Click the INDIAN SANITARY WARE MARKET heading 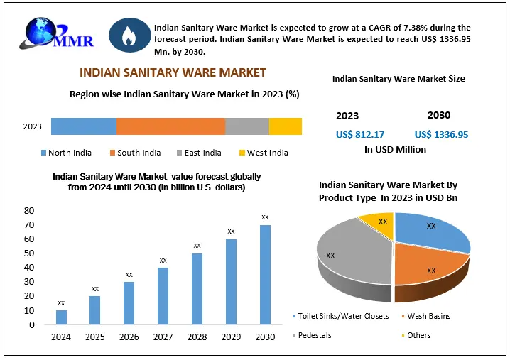coord(173,72)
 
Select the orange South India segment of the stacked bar coord(170,126)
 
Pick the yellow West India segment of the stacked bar coord(286,126)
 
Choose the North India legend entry coord(70,153)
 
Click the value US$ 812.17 coord(359,134)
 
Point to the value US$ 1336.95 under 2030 coord(441,134)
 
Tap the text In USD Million coord(395,150)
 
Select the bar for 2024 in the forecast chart coord(61,317)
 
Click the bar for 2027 coord(163,296)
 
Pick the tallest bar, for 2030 coord(265,275)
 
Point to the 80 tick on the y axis coord(29,211)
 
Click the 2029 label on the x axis coord(231,336)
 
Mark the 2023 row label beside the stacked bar coord(32,127)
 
